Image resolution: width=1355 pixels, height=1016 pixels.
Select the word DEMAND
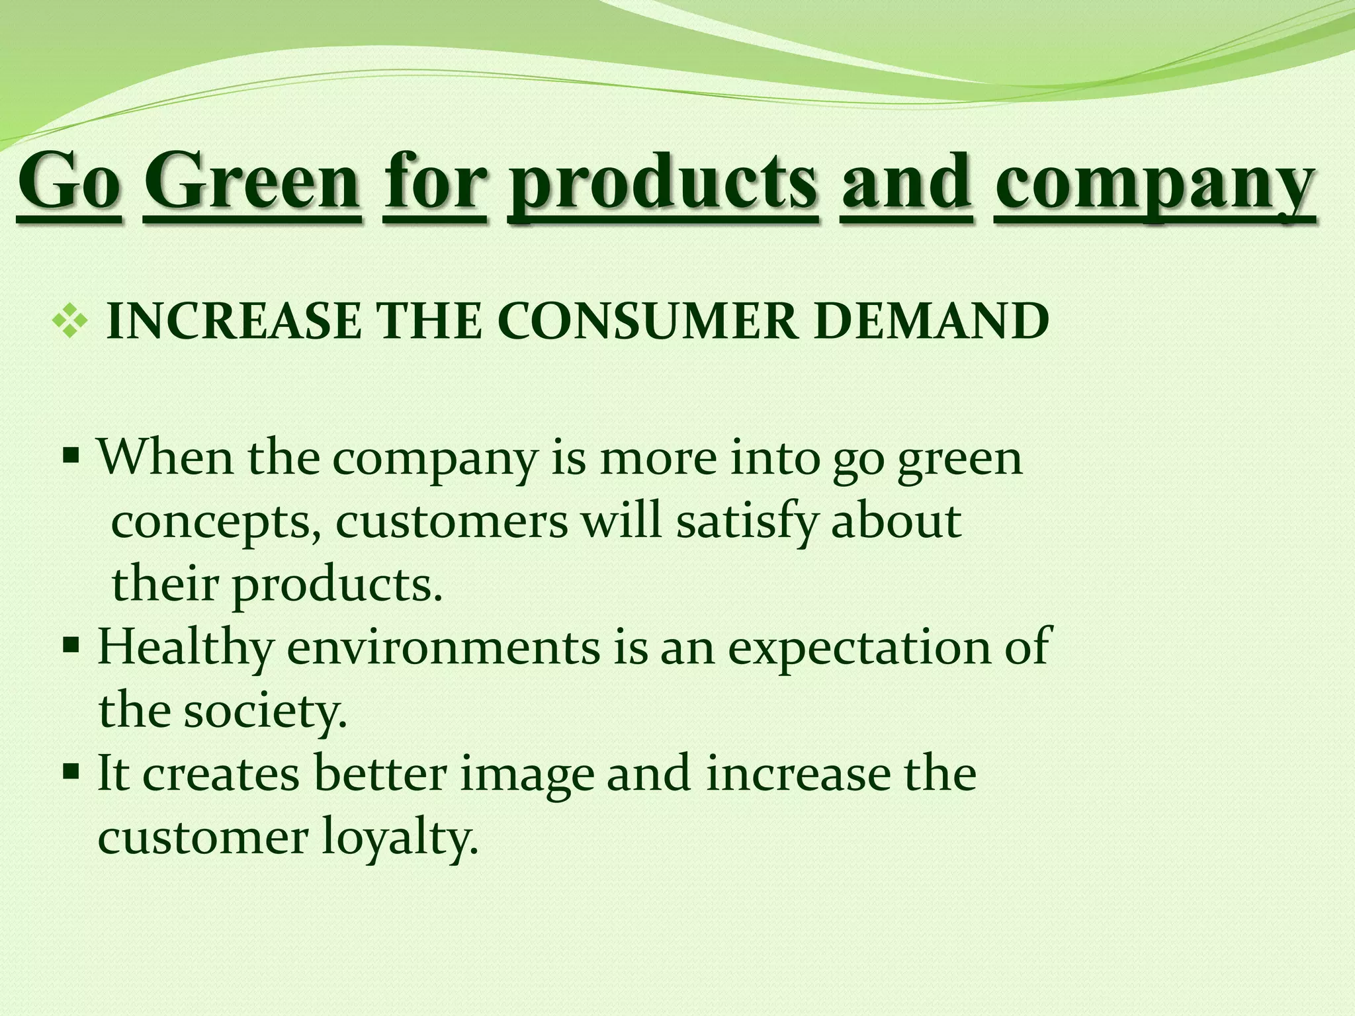tap(931, 322)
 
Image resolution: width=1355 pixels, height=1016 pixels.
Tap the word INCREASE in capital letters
tap(234, 322)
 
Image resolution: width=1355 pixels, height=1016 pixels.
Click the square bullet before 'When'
tap(71, 456)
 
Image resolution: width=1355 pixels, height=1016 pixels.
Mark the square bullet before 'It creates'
tap(71, 771)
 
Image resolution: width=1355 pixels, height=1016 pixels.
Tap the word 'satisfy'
tap(747, 521)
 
